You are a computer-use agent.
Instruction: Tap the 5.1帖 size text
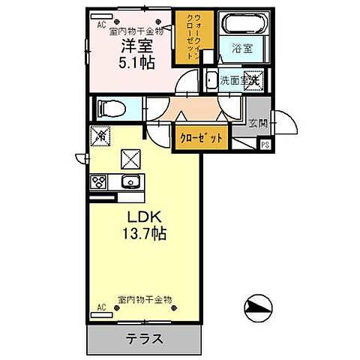pyautogui.click(x=137, y=63)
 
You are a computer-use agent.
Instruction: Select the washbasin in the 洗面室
pyautogui.click(x=212, y=80)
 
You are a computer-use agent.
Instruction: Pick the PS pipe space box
pyautogui.click(x=265, y=145)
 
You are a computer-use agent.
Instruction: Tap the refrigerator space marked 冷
pyautogui.click(x=99, y=136)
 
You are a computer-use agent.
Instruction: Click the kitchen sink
pyautogui.click(x=128, y=181)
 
